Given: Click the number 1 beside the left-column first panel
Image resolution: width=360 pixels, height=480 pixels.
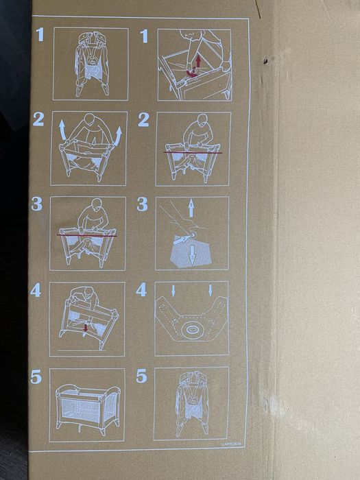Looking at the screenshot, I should (40, 34).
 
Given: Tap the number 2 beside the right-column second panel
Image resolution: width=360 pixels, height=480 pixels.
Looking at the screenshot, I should (143, 120).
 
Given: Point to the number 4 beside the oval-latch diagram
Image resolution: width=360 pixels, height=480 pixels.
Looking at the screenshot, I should (142, 289).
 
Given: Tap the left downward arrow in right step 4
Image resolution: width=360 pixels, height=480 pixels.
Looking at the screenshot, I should (173, 291).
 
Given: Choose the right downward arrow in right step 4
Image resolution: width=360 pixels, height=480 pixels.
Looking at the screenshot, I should (211, 291).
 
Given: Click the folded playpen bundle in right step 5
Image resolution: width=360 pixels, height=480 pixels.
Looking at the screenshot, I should (191, 405).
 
